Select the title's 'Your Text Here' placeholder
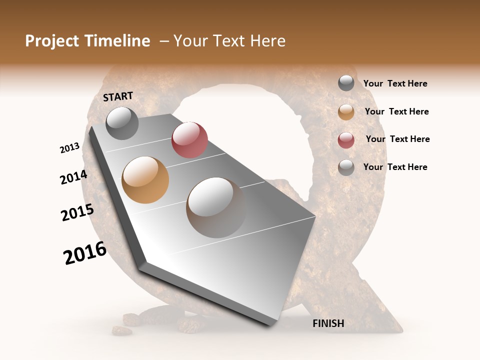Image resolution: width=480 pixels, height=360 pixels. click(229, 41)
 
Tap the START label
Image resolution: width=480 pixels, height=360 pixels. click(118, 96)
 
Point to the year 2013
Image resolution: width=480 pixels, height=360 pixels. click(69, 148)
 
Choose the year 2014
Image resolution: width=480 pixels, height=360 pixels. click(73, 177)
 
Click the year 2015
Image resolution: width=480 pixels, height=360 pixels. click(77, 212)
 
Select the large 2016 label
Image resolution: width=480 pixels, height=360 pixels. click(85, 253)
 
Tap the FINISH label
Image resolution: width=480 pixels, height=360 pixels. click(328, 323)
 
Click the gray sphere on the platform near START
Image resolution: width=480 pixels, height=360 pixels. click(122, 123)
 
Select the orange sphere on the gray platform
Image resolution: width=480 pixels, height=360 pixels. click(145, 179)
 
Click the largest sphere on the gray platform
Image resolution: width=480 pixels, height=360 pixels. click(215, 207)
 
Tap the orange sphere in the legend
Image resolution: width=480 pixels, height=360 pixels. click(346, 112)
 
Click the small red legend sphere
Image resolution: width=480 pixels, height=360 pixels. click(346, 140)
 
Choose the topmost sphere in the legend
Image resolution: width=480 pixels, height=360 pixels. click(346, 83)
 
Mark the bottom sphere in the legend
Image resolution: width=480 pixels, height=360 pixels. click(346, 167)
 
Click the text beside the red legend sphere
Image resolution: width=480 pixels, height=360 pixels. click(397, 139)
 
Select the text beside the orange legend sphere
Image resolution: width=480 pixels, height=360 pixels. click(396, 111)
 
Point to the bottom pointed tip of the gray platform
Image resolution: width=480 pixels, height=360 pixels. click(270, 324)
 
